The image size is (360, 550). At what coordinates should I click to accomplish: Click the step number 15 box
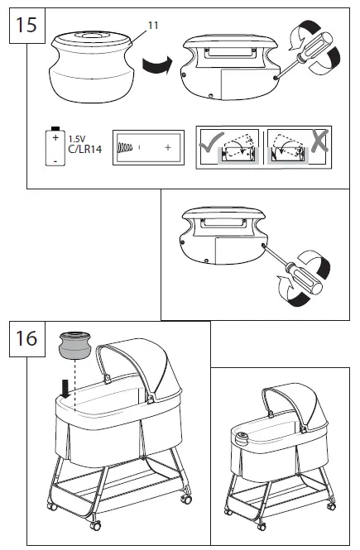[26, 26]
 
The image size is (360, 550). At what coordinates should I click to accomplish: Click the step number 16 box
[26, 338]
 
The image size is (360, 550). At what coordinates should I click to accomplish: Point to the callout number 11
[152, 26]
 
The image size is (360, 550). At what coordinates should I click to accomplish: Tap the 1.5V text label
[76, 139]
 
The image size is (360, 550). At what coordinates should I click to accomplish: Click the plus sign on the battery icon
[55, 138]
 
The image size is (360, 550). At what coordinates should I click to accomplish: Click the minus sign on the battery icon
[55, 160]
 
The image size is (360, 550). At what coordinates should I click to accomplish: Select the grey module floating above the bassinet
[75, 344]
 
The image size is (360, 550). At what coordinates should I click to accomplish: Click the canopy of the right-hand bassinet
[294, 405]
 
